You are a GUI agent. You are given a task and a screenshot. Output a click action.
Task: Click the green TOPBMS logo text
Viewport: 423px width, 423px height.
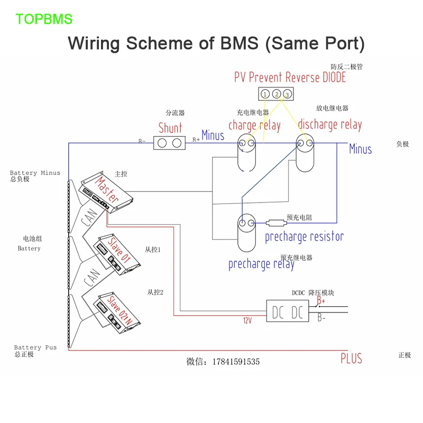tap(44, 20)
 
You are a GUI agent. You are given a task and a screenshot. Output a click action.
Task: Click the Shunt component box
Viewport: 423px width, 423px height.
tap(170, 143)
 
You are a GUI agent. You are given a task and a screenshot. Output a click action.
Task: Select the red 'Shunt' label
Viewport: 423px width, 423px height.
tap(170, 128)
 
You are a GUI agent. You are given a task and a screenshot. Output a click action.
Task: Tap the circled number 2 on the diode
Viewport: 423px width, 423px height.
tap(276, 94)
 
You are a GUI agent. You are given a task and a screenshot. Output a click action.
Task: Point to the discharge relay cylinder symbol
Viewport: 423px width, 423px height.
tap(306, 153)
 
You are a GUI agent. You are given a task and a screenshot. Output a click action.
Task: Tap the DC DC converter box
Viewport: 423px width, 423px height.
tap(288, 312)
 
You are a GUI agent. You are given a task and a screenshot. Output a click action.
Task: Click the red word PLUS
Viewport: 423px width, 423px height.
tap(351, 358)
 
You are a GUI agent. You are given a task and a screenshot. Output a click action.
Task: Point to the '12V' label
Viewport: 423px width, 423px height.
tap(248, 321)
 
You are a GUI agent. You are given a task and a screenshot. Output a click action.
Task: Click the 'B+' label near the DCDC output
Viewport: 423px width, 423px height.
tap(320, 301)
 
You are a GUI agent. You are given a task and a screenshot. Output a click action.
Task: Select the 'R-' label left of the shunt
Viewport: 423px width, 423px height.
tap(142, 141)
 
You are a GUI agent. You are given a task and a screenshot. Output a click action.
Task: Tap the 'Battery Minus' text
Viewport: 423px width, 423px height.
tap(35, 173)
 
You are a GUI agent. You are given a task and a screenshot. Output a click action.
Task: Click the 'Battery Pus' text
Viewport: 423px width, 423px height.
tap(35, 347)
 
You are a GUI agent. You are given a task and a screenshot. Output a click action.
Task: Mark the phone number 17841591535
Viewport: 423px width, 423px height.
tap(236, 362)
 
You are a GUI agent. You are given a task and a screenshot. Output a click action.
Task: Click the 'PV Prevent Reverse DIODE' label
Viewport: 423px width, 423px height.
tap(290, 77)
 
